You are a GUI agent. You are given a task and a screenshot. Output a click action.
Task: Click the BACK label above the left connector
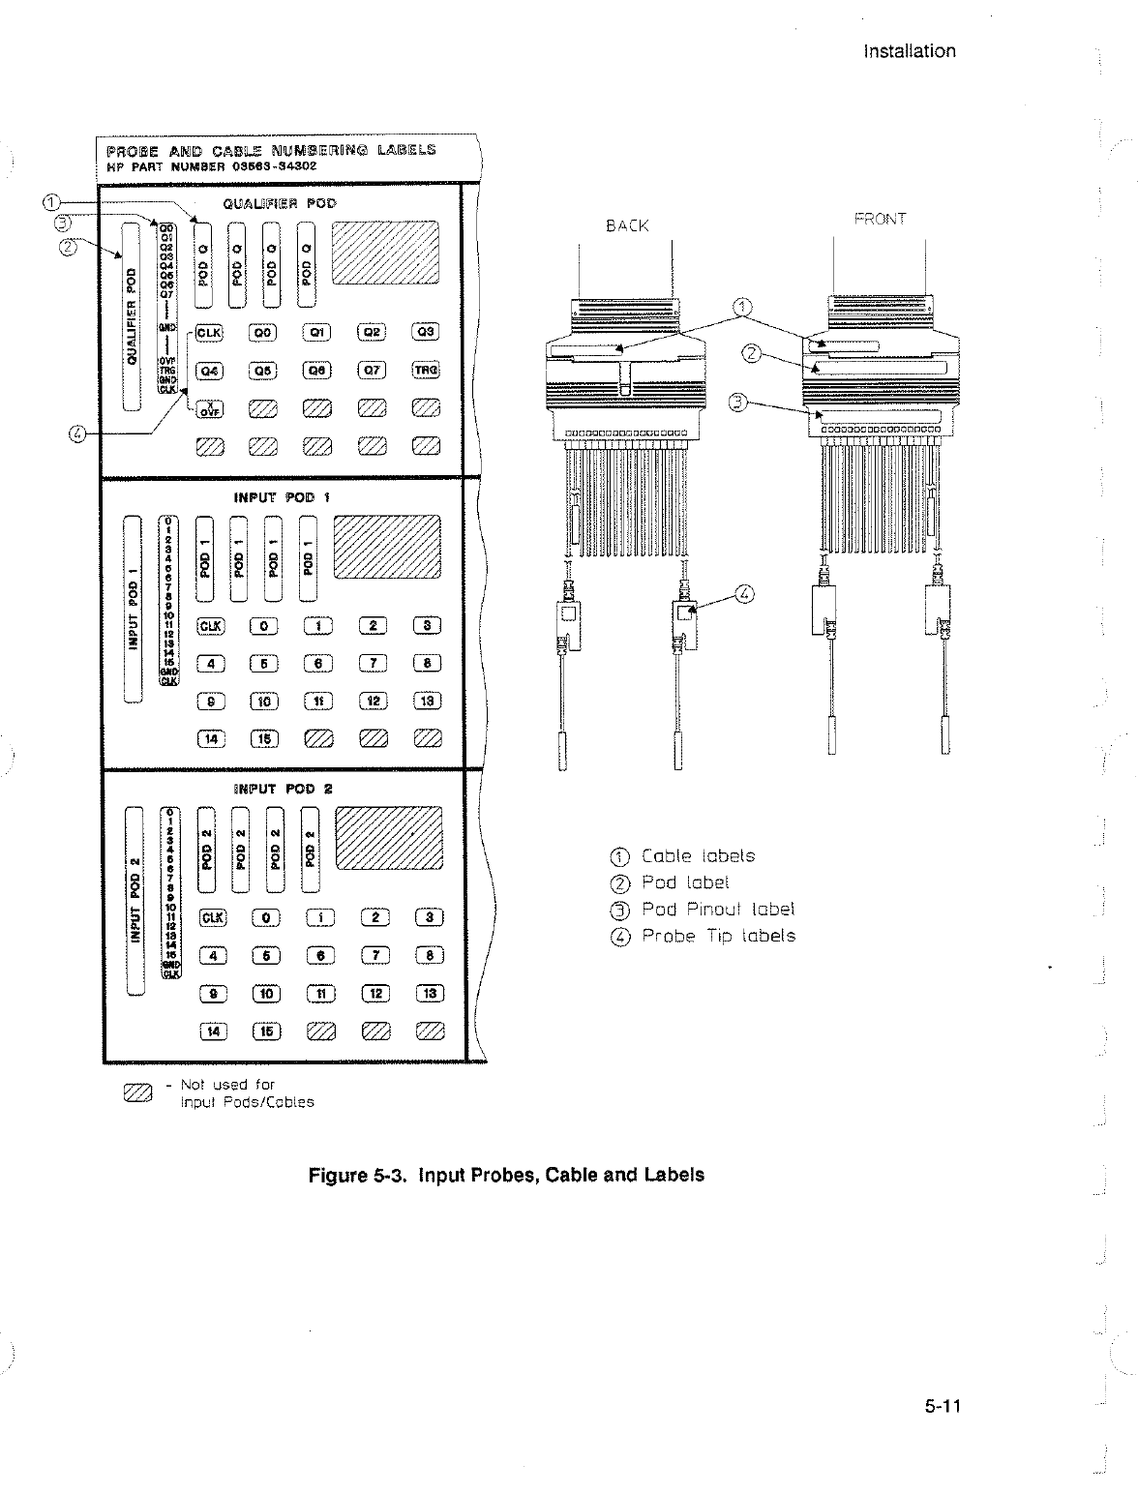626,225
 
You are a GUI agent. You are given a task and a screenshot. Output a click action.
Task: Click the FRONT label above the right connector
879,219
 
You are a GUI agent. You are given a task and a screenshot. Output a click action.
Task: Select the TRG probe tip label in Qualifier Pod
426,370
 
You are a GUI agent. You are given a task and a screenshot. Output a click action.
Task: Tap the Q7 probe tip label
373,370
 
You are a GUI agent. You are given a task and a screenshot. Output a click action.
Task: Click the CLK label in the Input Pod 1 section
210,625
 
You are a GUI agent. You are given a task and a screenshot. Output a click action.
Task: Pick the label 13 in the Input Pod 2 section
430,994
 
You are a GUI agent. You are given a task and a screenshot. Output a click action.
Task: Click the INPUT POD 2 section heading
283,789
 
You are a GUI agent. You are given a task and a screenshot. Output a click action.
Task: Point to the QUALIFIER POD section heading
279,204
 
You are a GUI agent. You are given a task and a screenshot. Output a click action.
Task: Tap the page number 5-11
940,1407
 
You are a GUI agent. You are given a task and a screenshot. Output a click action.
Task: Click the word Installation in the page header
909,51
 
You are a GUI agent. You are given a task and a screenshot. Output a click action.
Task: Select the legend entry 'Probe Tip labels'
718,936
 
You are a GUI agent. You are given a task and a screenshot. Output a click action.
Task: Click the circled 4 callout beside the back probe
744,593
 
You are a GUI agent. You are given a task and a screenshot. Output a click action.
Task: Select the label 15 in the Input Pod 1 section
264,739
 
